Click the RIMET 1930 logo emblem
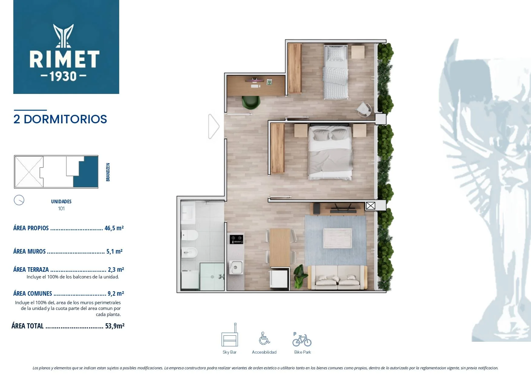pyautogui.click(x=64, y=36)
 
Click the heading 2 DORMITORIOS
pyautogui.click(x=60, y=119)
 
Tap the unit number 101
pyautogui.click(x=61, y=208)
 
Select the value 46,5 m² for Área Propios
pyautogui.click(x=114, y=228)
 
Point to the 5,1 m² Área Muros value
pyautogui.click(x=114, y=251)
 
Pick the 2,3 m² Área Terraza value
pyautogui.click(x=116, y=269)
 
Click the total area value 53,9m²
pyautogui.click(x=115, y=326)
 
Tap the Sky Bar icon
pyautogui.click(x=230, y=335)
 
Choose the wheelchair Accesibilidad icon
pyautogui.click(x=264, y=338)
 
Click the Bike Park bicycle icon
pyautogui.click(x=302, y=340)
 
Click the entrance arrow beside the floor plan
pyautogui.click(x=214, y=126)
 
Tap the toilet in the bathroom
pyautogui.click(x=189, y=235)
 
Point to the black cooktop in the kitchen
pyautogui.click(x=236, y=239)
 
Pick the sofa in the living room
pyautogui.click(x=337, y=277)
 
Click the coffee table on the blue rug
pyautogui.click(x=338, y=238)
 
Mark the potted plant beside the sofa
pyautogui.click(x=300, y=276)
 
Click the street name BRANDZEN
pyautogui.click(x=108, y=172)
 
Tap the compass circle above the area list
pyautogui.click(x=19, y=200)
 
